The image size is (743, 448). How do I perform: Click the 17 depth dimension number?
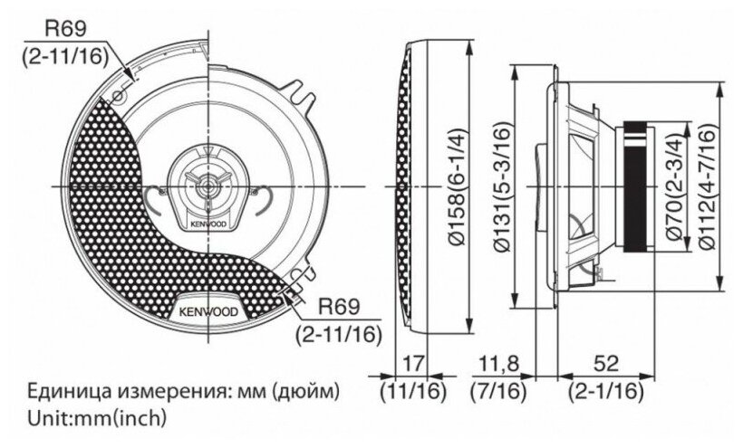tap(412, 365)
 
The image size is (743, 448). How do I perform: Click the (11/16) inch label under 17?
tap(412, 392)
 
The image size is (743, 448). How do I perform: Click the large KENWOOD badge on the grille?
tap(209, 310)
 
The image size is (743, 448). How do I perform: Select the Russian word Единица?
tap(61, 392)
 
